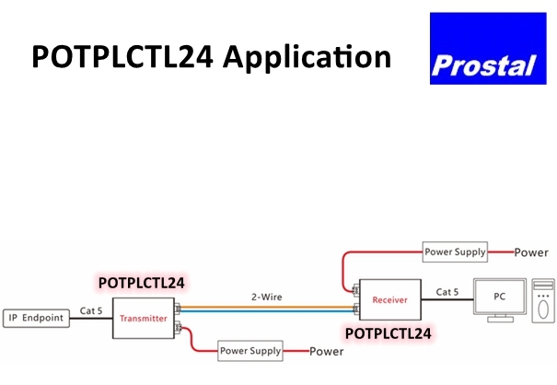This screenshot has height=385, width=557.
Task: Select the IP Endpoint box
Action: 37,318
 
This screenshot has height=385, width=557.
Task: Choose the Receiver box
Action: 389,299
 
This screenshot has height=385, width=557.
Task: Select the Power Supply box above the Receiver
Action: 454,251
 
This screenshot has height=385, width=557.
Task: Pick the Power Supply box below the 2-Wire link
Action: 249,350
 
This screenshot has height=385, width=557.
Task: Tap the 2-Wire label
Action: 266,297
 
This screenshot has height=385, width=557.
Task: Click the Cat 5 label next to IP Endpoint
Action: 90,309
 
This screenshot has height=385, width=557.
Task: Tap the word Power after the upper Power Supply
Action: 531,251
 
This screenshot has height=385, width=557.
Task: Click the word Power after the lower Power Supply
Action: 327,351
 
